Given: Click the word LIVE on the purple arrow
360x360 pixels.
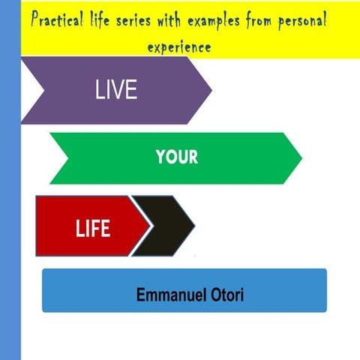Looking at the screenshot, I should point(116,90).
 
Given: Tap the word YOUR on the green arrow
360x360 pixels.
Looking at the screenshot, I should point(177,157).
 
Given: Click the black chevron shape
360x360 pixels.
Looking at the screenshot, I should point(166,225).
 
